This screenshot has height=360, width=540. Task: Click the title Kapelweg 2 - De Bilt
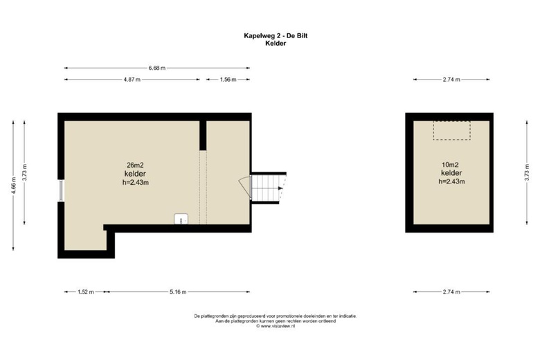(276, 35)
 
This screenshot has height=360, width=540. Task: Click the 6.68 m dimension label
(157, 69)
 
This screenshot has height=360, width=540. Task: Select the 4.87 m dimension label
(132, 80)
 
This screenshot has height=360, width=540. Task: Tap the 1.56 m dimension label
(228, 80)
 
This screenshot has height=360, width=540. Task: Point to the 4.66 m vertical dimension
(13, 186)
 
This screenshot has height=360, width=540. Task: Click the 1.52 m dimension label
(86, 292)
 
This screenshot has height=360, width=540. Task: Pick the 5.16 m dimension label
(178, 292)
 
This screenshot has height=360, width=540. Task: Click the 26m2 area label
(135, 165)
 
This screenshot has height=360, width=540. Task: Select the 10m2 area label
(451, 165)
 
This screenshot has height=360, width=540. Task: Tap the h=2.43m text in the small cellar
(451, 181)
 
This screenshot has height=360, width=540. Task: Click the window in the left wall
(61, 190)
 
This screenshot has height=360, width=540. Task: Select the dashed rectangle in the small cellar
(451, 131)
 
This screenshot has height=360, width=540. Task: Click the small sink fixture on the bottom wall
(181, 219)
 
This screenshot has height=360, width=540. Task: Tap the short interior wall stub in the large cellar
(203, 136)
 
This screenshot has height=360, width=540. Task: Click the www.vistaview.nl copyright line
(276, 326)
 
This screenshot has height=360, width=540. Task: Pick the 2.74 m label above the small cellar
(451, 80)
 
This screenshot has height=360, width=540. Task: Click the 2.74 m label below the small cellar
(451, 292)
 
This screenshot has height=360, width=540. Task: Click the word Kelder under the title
(276, 44)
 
